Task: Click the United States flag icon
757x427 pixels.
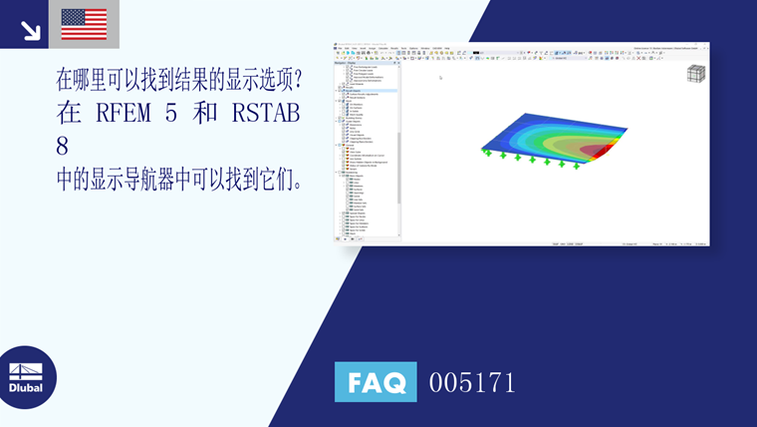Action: click(84, 24)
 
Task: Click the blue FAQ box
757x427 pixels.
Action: click(376, 382)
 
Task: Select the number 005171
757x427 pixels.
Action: click(472, 382)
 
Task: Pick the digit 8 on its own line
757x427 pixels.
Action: click(63, 146)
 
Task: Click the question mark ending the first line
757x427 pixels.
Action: click(296, 78)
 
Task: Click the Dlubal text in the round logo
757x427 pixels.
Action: click(26, 387)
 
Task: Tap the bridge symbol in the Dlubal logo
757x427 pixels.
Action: click(26, 369)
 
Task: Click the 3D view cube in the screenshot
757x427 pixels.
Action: click(696, 75)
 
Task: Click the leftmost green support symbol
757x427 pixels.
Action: click(487, 153)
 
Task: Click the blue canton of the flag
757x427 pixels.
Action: click(72, 17)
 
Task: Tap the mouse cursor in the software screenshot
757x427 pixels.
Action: click(439, 76)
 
